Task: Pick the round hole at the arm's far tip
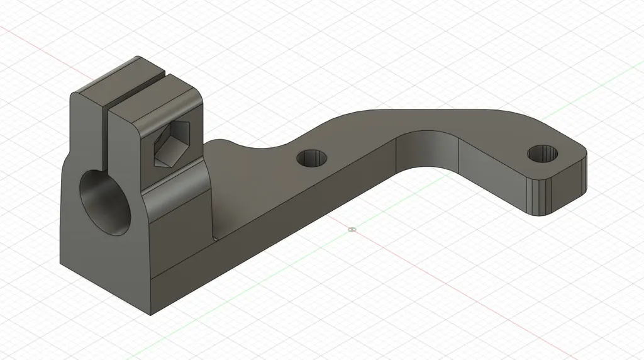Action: (x=543, y=153)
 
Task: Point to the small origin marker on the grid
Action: (x=352, y=229)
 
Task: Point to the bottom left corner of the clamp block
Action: (x=61, y=262)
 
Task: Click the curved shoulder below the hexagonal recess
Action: (x=179, y=189)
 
